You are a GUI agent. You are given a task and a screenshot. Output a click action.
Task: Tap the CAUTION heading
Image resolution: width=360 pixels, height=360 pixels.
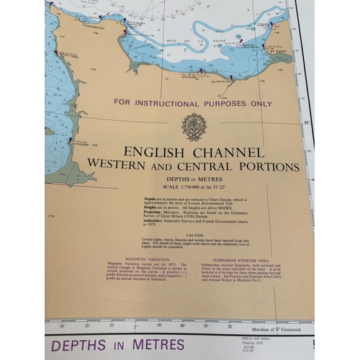tap(195, 235)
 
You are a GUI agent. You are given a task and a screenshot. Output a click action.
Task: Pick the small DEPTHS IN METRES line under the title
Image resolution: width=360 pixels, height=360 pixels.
tap(192, 179)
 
